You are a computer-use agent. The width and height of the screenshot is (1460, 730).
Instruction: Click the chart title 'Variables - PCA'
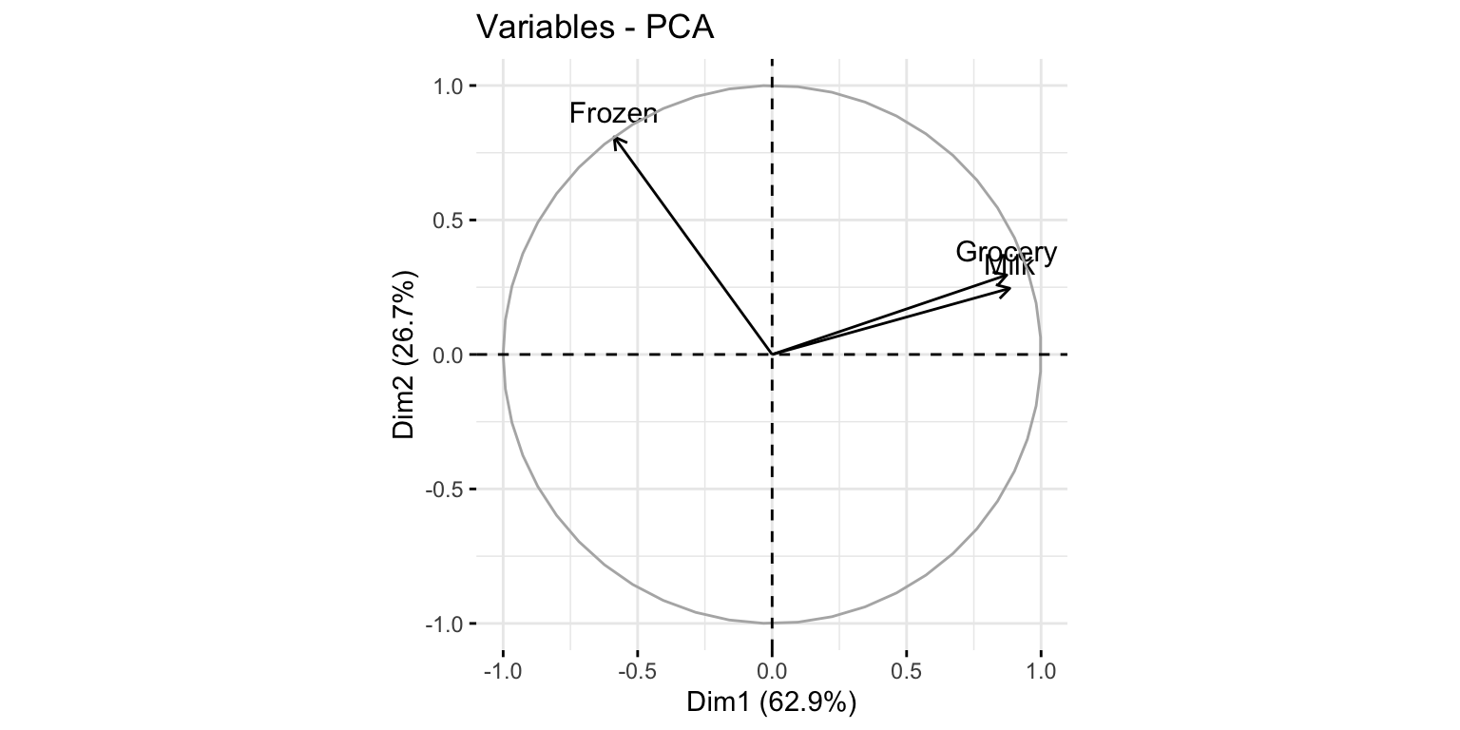pyautogui.click(x=595, y=29)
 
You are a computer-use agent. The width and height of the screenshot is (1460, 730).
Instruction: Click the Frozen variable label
pyautogui.click(x=613, y=114)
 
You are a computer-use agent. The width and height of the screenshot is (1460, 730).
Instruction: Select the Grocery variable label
pyautogui.click(x=1006, y=252)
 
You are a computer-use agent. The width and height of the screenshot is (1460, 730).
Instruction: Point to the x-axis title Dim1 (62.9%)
pyautogui.click(x=772, y=703)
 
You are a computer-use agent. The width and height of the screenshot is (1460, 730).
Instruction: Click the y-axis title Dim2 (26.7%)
pyautogui.click(x=405, y=355)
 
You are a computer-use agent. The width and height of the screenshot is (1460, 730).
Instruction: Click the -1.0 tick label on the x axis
pyautogui.click(x=502, y=671)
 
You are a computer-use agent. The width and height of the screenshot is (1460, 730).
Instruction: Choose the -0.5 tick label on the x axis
pyautogui.click(x=636, y=671)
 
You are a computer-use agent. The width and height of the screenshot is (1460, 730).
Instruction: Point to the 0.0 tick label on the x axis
pyautogui.click(x=772, y=671)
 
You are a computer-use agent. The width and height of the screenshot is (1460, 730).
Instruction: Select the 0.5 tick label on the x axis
pyautogui.click(x=906, y=671)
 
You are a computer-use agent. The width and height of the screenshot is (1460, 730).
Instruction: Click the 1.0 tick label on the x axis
pyautogui.click(x=1041, y=671)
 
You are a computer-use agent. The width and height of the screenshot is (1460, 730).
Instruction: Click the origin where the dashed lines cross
pyautogui.click(x=772, y=355)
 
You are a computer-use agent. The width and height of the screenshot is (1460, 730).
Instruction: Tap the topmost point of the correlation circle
pyautogui.click(x=772, y=86)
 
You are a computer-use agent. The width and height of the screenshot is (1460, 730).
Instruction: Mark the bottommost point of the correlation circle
pyautogui.click(x=772, y=624)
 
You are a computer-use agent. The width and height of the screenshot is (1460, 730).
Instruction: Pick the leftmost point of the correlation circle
pyautogui.click(x=503, y=355)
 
